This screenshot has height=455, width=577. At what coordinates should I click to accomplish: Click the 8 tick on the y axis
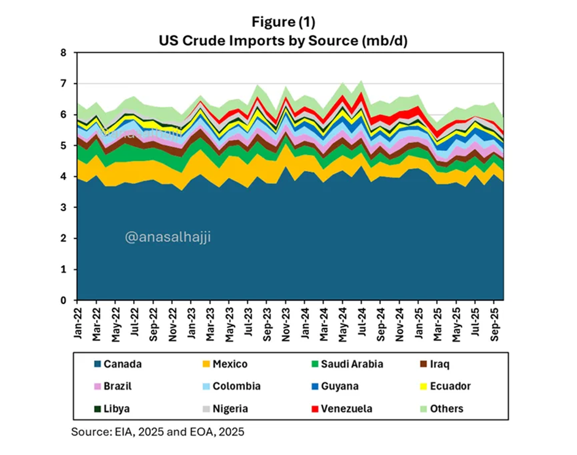click(64, 53)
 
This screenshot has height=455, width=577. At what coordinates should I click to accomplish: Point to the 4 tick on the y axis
click(64, 177)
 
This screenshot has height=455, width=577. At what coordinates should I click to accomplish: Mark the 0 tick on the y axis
click(64, 300)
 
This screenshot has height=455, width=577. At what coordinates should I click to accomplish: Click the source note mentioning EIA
click(158, 432)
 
